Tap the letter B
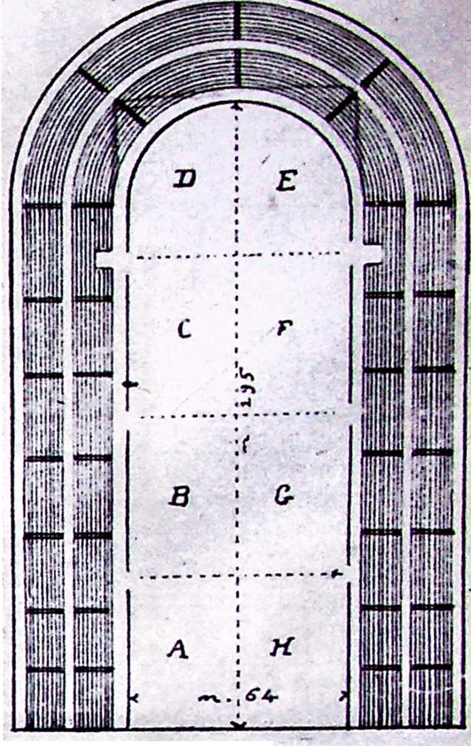tap(179, 497)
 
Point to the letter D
tap(182, 179)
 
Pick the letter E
tap(285, 181)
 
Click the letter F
tap(283, 329)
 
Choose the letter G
tap(284, 497)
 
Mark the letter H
tap(282, 648)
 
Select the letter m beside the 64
tap(210, 697)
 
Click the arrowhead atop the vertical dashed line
tap(237, 107)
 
